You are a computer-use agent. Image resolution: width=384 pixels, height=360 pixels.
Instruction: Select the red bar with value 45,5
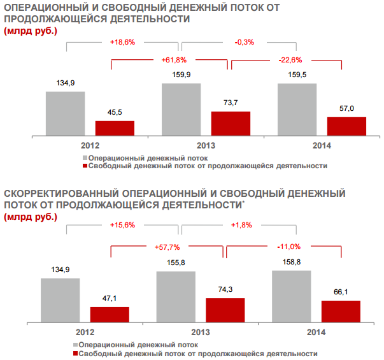coord(115,127)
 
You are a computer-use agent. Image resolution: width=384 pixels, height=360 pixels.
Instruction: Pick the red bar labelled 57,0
coord(346,126)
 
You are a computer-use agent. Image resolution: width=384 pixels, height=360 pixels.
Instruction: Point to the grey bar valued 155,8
coord(176,297)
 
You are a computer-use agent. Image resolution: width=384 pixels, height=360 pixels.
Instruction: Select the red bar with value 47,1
coord(110,314)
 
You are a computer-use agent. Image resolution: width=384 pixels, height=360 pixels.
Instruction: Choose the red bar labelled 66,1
coord(341,311)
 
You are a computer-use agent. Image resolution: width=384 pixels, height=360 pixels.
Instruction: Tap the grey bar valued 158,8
coord(292,296)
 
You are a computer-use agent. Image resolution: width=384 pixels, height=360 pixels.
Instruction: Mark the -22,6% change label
coord(290,60)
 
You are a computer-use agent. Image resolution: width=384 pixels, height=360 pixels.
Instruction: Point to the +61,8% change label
coord(173,60)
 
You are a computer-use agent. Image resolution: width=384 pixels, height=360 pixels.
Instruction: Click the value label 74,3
coord(225,289)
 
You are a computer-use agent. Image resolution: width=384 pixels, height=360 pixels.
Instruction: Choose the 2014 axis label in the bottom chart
coord(316,332)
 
